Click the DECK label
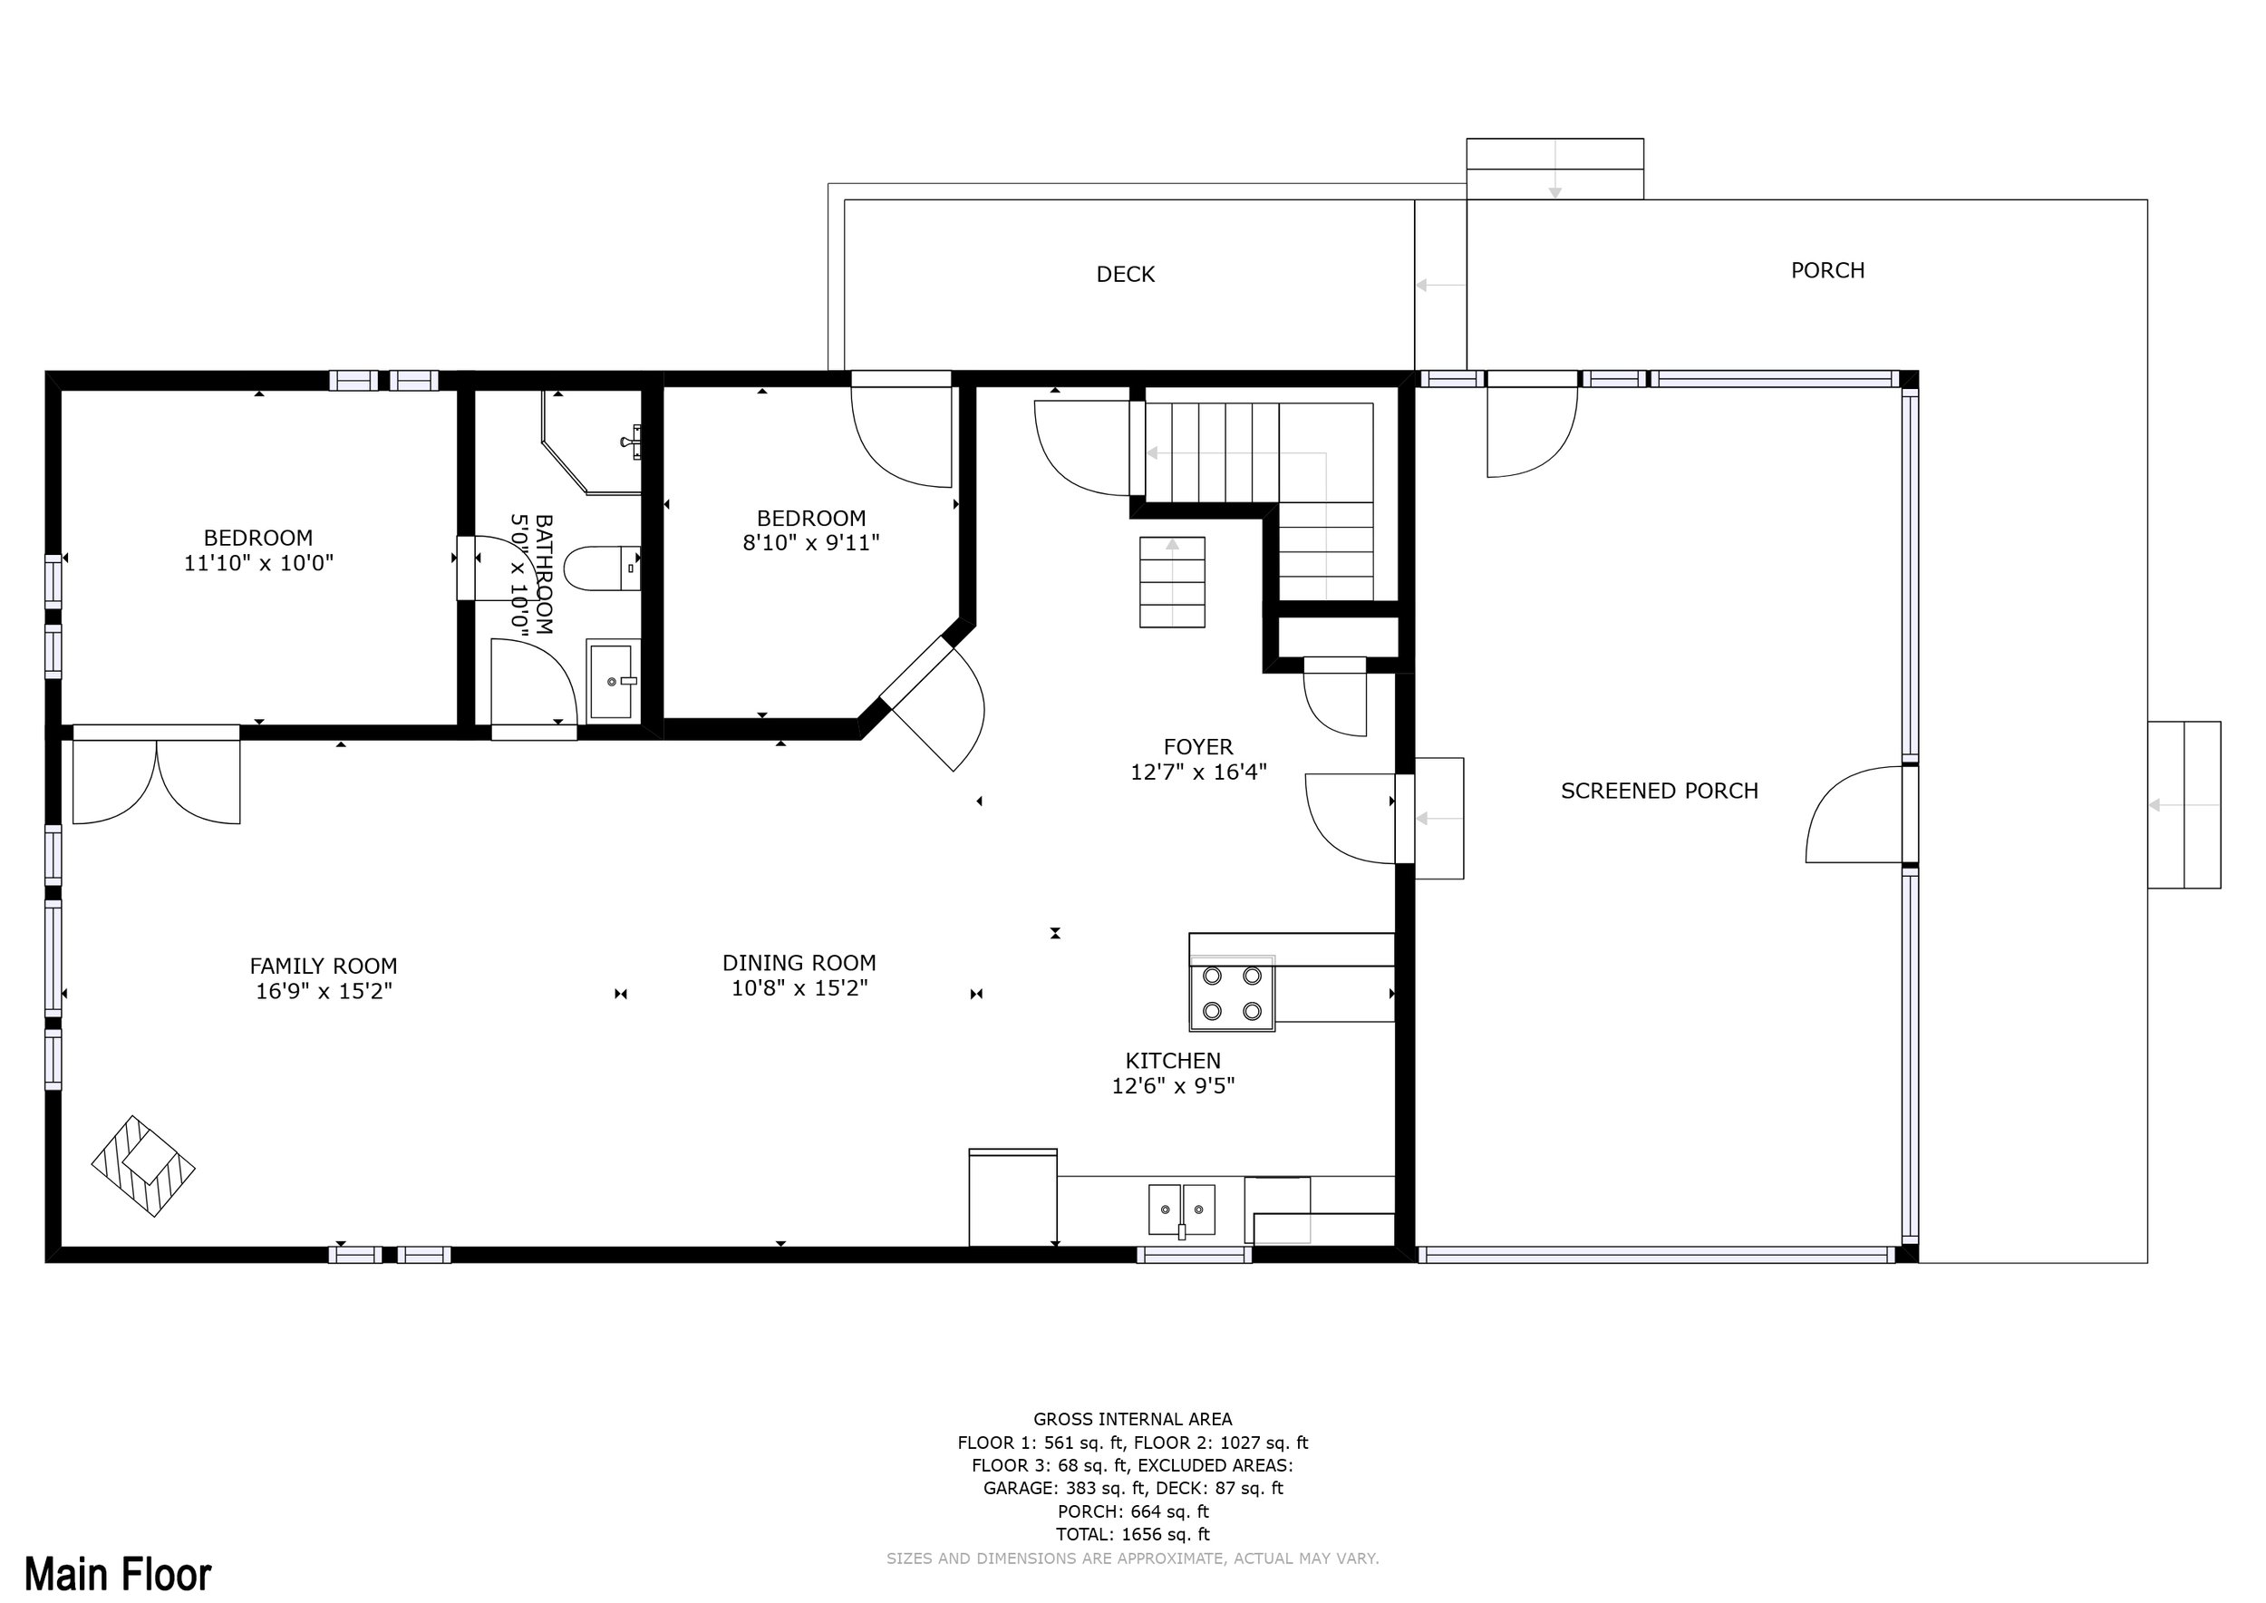[x=1125, y=275]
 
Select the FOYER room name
[x=1198, y=747]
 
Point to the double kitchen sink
[x=1181, y=1210]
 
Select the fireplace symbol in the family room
[x=143, y=1166]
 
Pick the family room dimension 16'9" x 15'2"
[x=324, y=991]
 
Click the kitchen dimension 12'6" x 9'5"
[x=1173, y=1086]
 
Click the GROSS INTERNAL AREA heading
[x=1132, y=1420]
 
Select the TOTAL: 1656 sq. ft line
[x=1132, y=1534]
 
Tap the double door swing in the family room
[x=156, y=780]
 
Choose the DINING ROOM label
[x=799, y=962]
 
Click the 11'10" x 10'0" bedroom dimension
[x=258, y=563]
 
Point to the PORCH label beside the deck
[x=1828, y=270]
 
